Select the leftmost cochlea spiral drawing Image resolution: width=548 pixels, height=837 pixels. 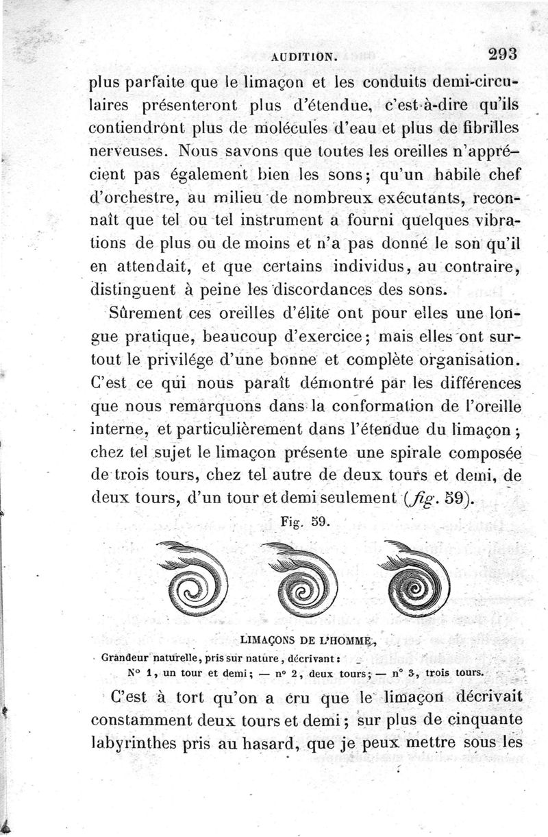(192, 577)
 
